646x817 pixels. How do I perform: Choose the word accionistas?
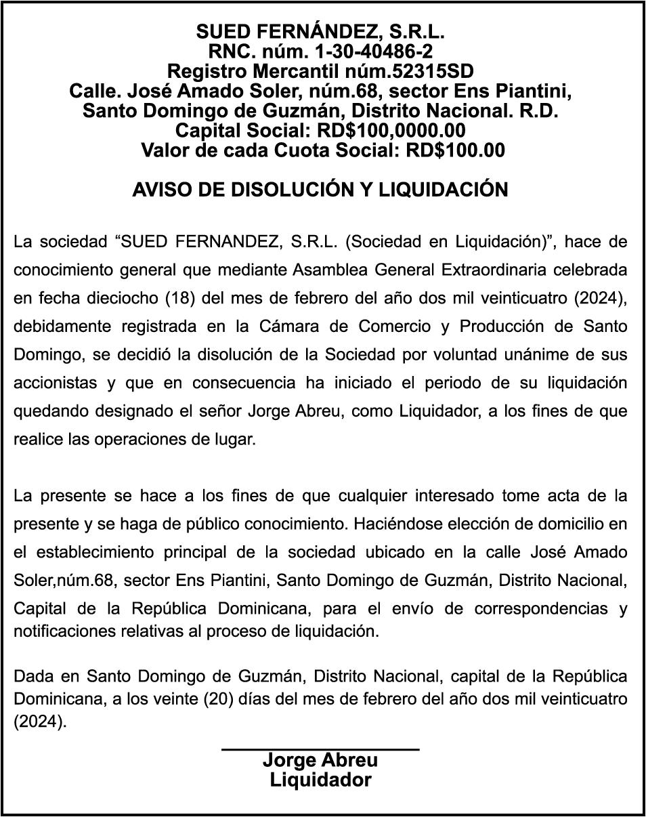tap(55, 383)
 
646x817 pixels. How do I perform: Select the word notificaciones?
tap(58, 631)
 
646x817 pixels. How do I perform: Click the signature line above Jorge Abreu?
tap(320, 749)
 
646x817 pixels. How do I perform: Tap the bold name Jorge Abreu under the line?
tap(320, 760)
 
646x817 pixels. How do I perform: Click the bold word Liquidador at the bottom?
tap(320, 780)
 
